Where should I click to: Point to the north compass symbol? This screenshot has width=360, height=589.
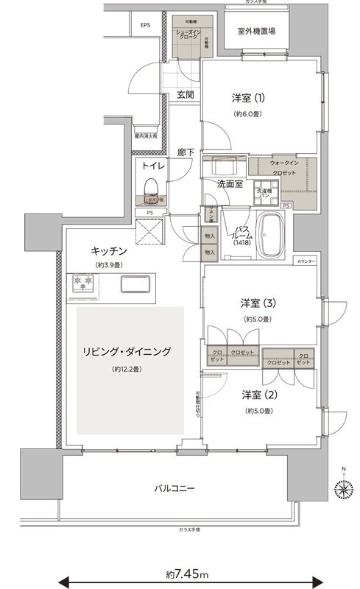[342, 487]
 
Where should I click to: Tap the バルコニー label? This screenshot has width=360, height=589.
[174, 487]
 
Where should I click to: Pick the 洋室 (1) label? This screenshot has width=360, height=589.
[250, 99]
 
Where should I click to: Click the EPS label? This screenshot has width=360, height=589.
[145, 26]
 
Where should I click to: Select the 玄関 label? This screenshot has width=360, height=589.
[185, 94]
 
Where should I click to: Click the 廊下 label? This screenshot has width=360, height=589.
[186, 152]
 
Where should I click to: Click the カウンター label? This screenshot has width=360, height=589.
[307, 261]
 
